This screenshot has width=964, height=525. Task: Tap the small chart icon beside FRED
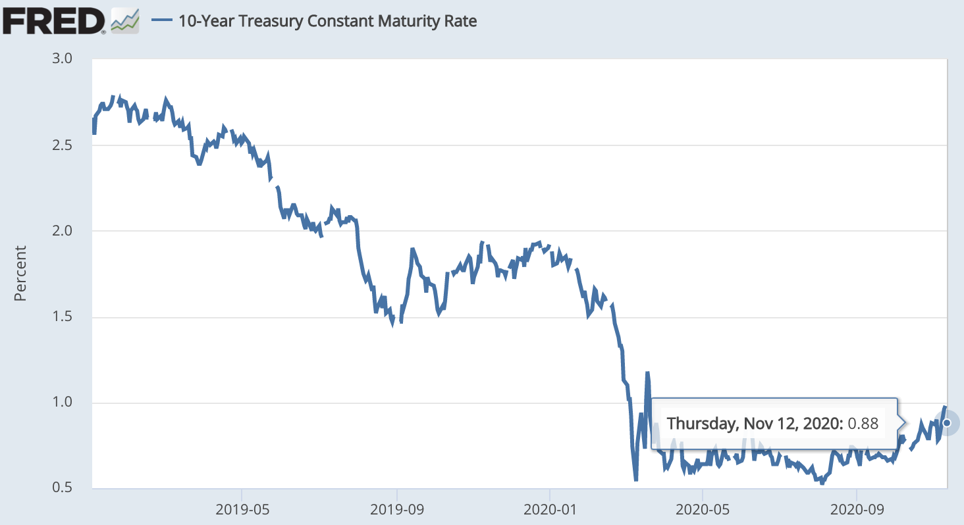(125, 20)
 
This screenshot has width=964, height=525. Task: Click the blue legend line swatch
(162, 20)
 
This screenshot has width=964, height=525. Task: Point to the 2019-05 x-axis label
(242, 508)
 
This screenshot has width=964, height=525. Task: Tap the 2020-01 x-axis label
(550, 508)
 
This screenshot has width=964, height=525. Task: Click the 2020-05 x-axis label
(703, 508)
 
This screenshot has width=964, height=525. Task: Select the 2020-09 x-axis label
(856, 508)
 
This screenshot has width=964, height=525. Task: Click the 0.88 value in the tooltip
(863, 423)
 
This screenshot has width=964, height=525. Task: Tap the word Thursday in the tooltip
(697, 423)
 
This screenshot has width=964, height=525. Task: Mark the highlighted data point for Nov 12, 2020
(947, 422)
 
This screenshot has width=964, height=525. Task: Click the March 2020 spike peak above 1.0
(647, 374)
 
